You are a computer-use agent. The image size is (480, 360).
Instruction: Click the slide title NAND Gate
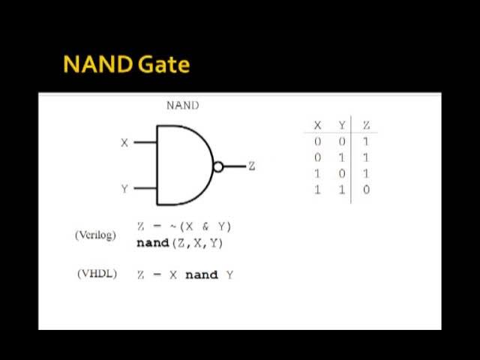[x=127, y=64]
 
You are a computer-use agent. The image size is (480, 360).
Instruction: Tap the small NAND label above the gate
[x=182, y=106]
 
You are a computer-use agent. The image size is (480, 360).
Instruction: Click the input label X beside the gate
[x=124, y=142]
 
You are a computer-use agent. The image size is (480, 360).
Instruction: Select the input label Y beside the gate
[x=124, y=189]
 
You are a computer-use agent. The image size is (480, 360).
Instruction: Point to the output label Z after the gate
[x=251, y=166]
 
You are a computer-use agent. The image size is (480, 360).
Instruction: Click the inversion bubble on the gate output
[x=218, y=166]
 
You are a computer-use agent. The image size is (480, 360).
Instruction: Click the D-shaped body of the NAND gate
[x=184, y=165]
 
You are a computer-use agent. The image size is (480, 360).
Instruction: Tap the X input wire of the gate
[x=144, y=142]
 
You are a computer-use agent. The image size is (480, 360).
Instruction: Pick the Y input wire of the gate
[x=144, y=189]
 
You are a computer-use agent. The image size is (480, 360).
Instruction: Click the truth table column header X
[x=318, y=125]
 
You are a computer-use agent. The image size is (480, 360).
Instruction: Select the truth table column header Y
[x=342, y=125]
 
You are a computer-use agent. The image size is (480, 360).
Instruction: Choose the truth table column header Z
[x=366, y=125]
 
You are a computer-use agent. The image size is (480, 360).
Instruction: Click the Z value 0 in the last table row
[x=366, y=190]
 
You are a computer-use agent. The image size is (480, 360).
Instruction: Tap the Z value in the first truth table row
[x=366, y=141]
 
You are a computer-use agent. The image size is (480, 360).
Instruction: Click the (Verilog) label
[x=95, y=235]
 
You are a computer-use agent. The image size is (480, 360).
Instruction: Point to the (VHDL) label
[x=97, y=274]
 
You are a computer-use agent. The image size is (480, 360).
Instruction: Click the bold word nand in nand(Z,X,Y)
[x=153, y=243]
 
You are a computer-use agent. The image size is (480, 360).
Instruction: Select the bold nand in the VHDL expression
[x=201, y=274]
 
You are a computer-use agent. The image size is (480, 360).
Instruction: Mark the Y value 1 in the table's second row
[x=342, y=157]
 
